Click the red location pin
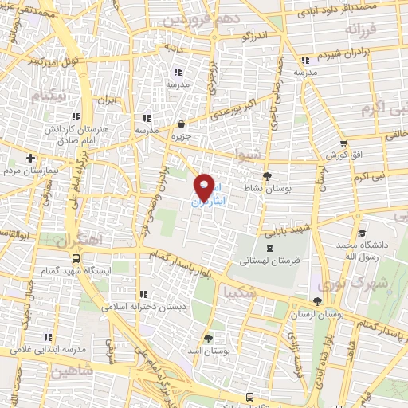[205, 188]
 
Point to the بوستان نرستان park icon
[318, 300]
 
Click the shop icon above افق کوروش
[343, 143]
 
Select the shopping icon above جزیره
[182, 124]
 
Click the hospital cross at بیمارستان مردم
[30, 157]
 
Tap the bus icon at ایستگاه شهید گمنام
[76, 258]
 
